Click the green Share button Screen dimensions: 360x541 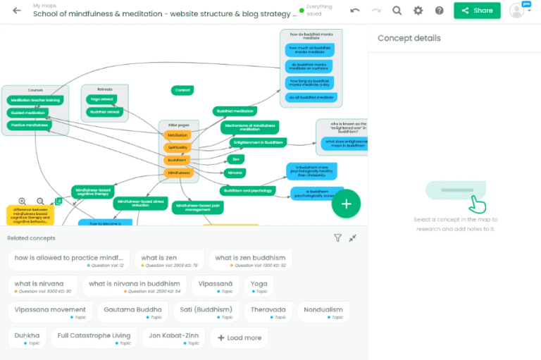[x=477, y=11]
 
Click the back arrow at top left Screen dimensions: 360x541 [x=16, y=11]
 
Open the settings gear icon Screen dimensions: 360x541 [x=418, y=11]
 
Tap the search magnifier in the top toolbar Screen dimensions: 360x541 [x=397, y=11]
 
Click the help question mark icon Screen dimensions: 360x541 [x=440, y=11]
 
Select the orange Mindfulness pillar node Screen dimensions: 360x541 [x=178, y=173]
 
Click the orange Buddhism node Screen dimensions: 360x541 [x=177, y=160]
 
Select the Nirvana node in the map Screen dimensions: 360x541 [x=236, y=173]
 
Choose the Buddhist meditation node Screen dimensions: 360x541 [x=235, y=111]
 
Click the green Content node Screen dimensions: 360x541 [x=182, y=90]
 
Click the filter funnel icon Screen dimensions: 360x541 [x=337, y=238]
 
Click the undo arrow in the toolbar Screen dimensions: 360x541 [x=355, y=11]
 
